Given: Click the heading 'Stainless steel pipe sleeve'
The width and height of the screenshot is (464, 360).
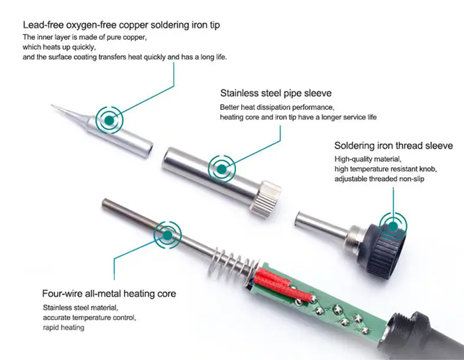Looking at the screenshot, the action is click(276, 93).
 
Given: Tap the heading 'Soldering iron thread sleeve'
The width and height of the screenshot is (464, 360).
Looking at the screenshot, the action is click(394, 146).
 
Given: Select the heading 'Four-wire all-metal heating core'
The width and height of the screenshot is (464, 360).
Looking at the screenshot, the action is click(109, 294).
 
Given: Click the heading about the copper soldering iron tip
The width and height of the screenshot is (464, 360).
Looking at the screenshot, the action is click(121, 25).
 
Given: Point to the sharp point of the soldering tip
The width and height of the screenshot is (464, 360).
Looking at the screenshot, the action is click(52, 105).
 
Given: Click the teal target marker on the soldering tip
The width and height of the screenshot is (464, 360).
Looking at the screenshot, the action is click(109, 120).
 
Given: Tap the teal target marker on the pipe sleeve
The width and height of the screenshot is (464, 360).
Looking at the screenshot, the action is click(221, 169).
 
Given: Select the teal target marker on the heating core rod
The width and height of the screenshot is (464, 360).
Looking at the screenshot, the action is click(168, 235).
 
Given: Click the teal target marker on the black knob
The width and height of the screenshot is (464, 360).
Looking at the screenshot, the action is click(393, 227).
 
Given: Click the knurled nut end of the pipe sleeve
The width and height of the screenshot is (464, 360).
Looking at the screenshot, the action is click(266, 198).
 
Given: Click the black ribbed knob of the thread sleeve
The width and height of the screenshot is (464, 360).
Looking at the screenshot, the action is click(383, 249).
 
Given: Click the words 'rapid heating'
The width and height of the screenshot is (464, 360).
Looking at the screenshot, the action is click(64, 328).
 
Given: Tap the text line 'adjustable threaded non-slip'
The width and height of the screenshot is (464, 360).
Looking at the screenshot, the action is click(379, 179).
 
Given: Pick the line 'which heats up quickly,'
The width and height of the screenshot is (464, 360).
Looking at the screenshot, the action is click(59, 47).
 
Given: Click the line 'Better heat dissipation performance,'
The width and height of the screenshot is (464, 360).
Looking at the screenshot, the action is click(277, 107).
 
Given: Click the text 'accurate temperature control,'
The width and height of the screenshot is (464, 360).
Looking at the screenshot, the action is click(89, 318).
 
